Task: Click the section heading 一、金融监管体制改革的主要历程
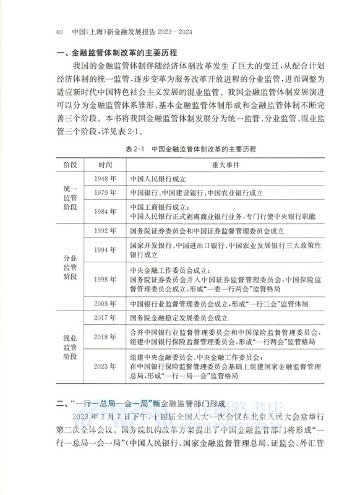[x=116, y=54]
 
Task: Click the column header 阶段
[x=72, y=165]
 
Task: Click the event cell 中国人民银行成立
[x=161, y=179]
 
